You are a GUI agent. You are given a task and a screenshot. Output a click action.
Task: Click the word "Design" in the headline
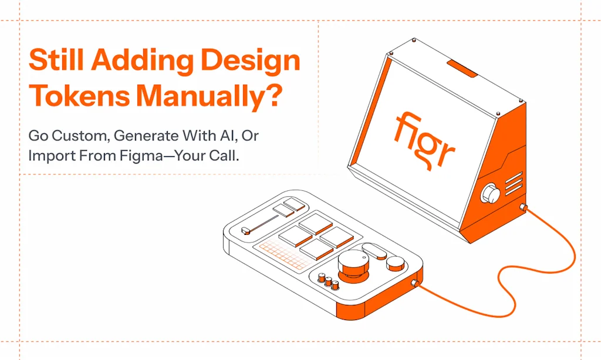[250, 61]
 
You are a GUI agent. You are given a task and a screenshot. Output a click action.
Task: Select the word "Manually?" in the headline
[210, 97]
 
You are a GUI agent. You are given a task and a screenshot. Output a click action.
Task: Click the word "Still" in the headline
[56, 59]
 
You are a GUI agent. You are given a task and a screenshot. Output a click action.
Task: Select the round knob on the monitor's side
[491, 194]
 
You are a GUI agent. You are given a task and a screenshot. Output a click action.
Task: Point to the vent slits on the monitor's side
[514, 184]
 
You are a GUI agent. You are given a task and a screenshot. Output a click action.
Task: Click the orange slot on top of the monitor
[462, 68]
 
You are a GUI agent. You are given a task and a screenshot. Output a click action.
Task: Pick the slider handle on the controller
[246, 230]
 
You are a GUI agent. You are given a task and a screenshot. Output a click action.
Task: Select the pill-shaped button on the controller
[374, 251]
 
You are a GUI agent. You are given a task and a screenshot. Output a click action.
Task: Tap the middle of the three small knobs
[329, 281]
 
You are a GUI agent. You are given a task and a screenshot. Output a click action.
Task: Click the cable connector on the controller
[415, 284]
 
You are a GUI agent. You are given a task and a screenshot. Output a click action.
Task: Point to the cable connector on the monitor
[523, 208]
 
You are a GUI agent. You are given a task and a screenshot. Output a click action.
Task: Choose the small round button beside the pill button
[396, 263]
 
